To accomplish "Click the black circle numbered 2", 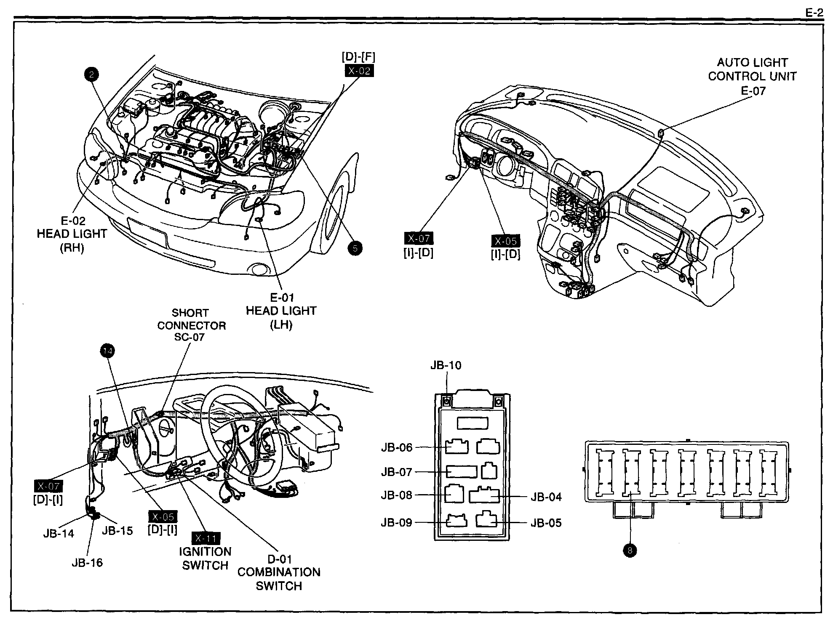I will tap(92, 75).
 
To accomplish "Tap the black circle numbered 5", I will tap(355, 248).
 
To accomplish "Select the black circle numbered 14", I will tap(108, 351).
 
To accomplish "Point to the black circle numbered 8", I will tap(630, 550).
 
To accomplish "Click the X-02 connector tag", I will tap(359, 71).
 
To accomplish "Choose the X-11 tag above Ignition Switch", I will tap(206, 538).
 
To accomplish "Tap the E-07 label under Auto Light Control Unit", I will tap(753, 90).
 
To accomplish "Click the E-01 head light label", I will tap(282, 298).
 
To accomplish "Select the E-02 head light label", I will tap(73, 221).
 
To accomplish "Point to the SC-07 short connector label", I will tap(189, 337).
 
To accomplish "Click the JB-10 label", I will tap(446, 365).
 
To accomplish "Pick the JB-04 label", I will tap(546, 497).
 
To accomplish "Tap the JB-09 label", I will tap(396, 522).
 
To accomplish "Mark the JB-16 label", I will tap(87, 563).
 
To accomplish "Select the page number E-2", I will tap(814, 13).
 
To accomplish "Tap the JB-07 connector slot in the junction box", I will tap(462, 471).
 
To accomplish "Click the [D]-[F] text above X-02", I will tap(358, 57).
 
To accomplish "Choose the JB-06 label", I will tap(397, 447).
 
